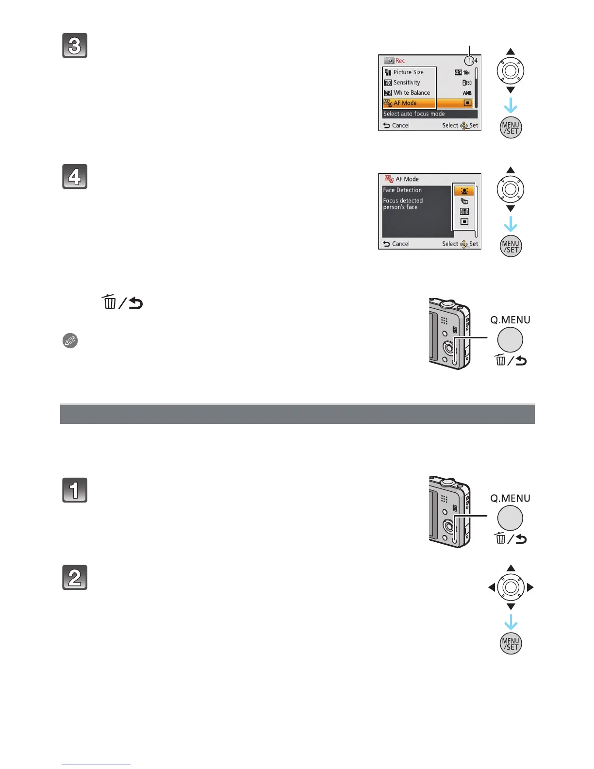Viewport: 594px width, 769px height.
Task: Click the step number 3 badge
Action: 75,46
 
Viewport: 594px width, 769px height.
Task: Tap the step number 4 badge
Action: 75,177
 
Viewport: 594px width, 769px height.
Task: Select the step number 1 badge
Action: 75,490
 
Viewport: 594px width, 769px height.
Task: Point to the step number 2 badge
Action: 75,578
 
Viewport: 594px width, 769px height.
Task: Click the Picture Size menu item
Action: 408,72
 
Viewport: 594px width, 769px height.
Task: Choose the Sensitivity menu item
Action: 407,83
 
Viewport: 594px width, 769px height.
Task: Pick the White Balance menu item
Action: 412,93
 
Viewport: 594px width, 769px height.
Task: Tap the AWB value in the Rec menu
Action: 467,93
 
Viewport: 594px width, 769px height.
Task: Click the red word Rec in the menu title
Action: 400,61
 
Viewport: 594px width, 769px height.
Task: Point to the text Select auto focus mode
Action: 414,114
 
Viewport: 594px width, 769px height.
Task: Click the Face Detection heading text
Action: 402,190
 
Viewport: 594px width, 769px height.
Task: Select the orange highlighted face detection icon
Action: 464,191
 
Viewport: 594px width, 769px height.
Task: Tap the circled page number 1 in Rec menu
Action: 469,61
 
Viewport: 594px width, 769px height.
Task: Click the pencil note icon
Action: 70,341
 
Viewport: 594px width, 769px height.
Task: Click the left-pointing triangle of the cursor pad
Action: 492,587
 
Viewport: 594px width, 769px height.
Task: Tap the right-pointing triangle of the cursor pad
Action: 530,587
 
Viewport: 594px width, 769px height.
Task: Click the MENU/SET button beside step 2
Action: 511,644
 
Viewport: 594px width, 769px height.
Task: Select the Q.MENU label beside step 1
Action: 510,499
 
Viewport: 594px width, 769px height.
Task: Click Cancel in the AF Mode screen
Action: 400,244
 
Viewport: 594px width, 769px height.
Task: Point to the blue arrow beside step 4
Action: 511,225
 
